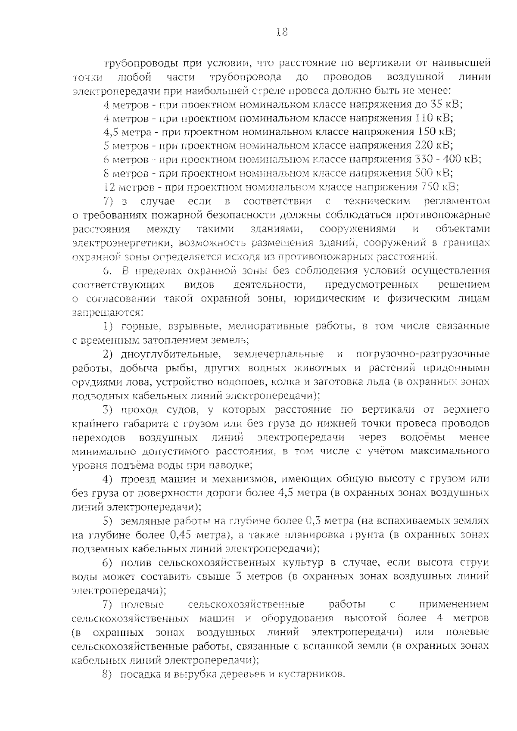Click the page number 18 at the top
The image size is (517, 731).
coord(282,32)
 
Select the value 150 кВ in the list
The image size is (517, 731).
coord(436,132)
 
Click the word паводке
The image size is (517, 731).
coord(233,466)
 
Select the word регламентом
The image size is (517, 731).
coord(457,201)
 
